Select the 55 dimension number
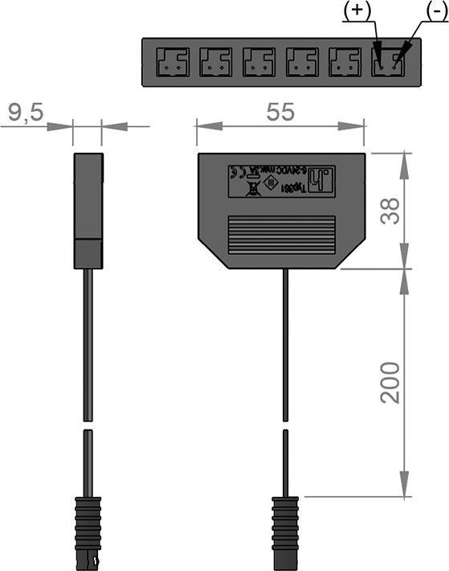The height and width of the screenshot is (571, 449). pos(280,113)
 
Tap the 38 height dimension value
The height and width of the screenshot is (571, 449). pos(390,210)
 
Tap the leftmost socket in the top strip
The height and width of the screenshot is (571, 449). pos(171,61)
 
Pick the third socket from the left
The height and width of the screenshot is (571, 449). pos(259,61)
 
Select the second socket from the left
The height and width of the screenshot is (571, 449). pos(215,61)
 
